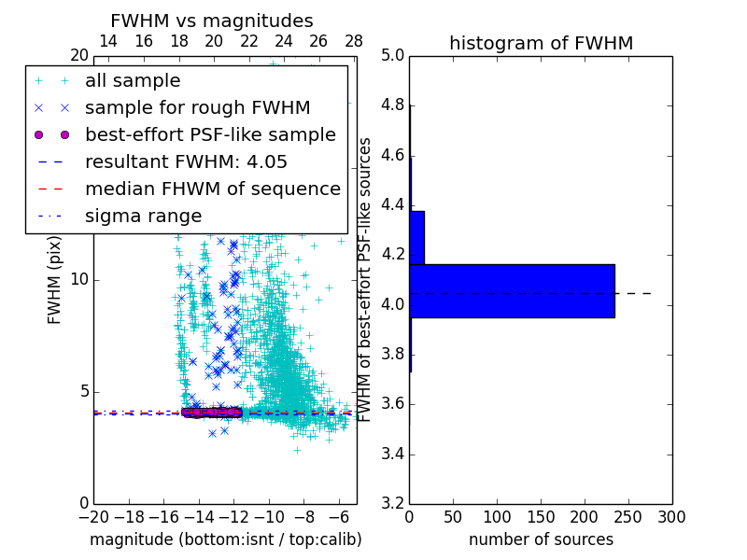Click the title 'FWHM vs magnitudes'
coord(211,21)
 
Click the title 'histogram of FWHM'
coord(541,43)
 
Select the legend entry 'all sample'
coord(133,81)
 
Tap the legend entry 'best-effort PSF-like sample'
coord(210,135)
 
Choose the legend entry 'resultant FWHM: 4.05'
coord(186,162)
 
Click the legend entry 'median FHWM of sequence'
coord(212,189)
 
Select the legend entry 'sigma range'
coord(143,217)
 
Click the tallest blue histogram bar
coord(512,290)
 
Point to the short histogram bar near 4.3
coord(416,237)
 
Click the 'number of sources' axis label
coord(541,539)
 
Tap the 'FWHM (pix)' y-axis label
coord(55,280)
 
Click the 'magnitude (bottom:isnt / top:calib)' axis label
coord(225,539)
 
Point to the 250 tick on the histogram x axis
coord(628,516)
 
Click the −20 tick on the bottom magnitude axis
coord(93,516)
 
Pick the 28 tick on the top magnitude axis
coord(354,41)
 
